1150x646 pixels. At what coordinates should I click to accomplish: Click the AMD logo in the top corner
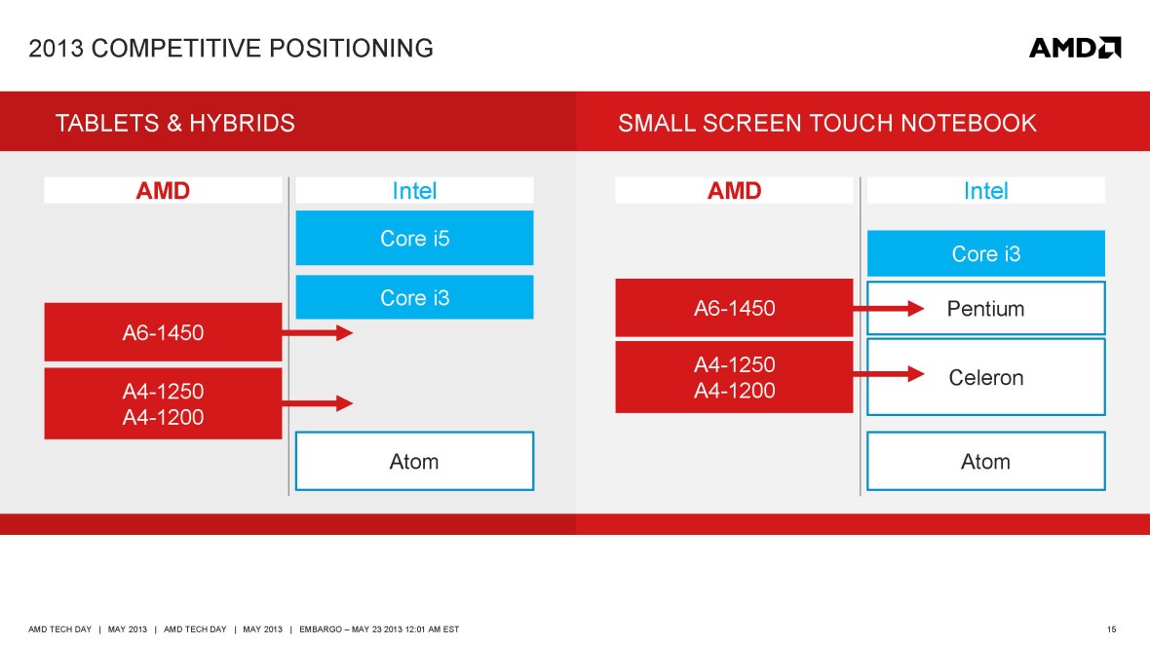point(1075,48)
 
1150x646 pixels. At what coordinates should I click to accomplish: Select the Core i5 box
point(414,238)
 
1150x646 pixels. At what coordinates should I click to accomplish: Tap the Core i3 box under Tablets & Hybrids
point(414,297)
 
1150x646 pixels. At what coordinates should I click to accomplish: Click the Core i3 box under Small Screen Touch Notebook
point(985,253)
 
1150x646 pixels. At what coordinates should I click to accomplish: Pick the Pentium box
point(985,309)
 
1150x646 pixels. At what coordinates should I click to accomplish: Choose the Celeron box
point(985,377)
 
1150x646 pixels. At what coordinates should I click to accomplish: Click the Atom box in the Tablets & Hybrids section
point(414,461)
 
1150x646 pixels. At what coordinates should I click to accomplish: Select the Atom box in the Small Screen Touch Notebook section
point(985,461)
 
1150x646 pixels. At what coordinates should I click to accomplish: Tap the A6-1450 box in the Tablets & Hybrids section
point(163,332)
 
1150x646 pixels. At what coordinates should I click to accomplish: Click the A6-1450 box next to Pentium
point(734,309)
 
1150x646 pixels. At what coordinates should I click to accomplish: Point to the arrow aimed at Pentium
point(888,309)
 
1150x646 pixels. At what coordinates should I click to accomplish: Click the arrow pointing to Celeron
point(888,374)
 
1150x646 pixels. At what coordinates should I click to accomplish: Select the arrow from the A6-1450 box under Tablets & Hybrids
point(317,333)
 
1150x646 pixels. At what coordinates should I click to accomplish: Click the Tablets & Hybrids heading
point(175,123)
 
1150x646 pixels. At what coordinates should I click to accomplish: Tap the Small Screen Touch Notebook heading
point(827,123)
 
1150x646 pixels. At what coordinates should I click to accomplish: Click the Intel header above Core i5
point(414,190)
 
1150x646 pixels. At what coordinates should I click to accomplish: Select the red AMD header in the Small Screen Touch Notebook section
point(734,190)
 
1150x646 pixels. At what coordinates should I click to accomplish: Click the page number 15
point(1113,629)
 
